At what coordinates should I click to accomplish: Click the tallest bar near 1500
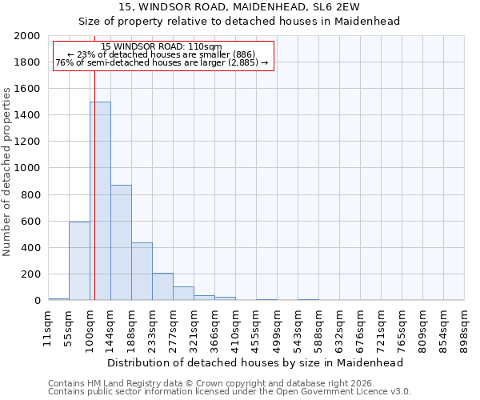pos(100,201)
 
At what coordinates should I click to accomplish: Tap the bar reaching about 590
pos(79,261)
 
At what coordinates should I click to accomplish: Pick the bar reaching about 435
pos(142,271)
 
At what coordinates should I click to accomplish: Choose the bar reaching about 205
pos(162,286)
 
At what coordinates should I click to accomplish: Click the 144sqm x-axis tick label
pos(110,330)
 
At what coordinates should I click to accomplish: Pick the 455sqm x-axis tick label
pos(256,330)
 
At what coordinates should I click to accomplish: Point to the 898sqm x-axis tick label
pos(464,330)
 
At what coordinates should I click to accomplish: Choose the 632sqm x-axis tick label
pos(339,330)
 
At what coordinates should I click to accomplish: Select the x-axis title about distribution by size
pos(256,362)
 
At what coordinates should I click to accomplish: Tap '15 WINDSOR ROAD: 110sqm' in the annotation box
pos(162,47)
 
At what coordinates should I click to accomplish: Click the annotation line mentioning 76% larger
pos(162,63)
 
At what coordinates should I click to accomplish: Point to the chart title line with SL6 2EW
pos(239,6)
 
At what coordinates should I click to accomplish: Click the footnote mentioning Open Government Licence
pos(230,391)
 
